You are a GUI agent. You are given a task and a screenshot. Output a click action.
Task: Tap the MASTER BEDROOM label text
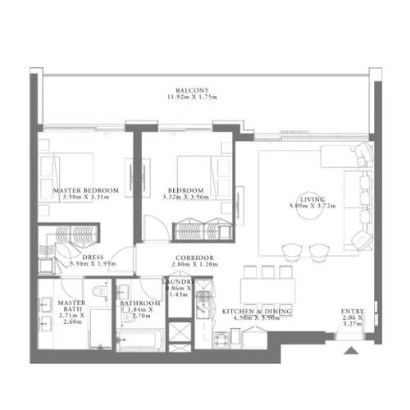(x=86, y=189)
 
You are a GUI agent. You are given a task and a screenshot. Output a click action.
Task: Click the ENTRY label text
(x=353, y=312)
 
